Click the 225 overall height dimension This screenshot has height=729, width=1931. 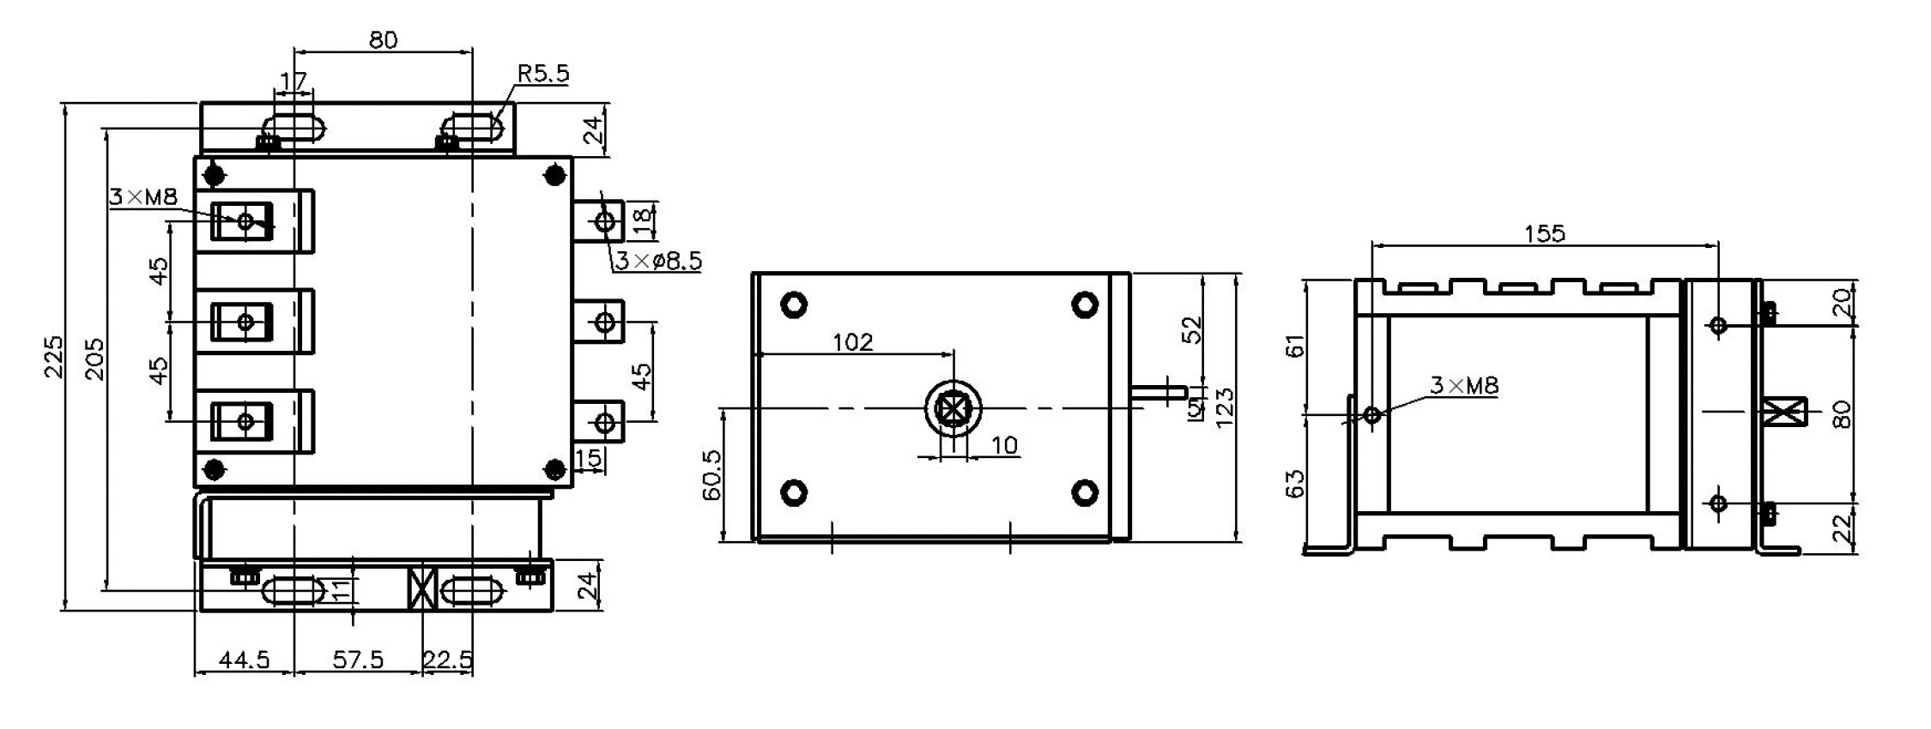tap(53, 356)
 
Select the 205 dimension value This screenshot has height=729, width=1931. tap(94, 358)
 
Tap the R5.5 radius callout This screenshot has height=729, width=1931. tap(542, 74)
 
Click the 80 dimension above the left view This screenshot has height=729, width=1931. tap(383, 39)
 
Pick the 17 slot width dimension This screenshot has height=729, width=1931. tap(294, 82)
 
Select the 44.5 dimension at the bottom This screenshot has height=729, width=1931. tap(244, 660)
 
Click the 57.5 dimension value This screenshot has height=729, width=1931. tap(358, 660)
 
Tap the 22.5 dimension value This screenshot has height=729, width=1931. tap(447, 660)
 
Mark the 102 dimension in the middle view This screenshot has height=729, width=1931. tap(852, 342)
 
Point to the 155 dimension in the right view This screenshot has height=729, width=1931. tap(1544, 233)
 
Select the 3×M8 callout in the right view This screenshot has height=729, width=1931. tap(1464, 386)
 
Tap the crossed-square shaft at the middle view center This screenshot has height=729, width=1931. tap(953, 409)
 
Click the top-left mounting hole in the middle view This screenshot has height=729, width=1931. tap(794, 304)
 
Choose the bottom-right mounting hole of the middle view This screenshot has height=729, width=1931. tap(1085, 491)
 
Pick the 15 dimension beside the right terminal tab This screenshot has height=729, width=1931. tap(589, 459)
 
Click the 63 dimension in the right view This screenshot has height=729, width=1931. tap(1295, 483)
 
